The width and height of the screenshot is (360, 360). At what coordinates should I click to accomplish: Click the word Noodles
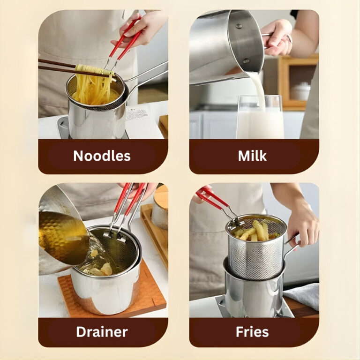point(102,156)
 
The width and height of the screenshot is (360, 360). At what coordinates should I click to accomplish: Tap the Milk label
point(252,156)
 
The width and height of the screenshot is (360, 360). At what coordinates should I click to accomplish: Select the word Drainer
point(102,332)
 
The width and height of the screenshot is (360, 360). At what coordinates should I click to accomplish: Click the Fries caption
point(252,332)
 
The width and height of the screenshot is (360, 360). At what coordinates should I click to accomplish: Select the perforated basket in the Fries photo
point(256,248)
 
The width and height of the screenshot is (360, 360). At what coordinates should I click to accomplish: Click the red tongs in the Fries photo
point(216,202)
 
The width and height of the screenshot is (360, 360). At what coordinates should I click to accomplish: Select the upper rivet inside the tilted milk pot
point(239,26)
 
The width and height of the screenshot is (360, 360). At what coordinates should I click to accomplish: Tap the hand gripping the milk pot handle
point(276,38)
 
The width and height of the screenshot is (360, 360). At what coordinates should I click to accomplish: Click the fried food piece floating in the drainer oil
point(106,269)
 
